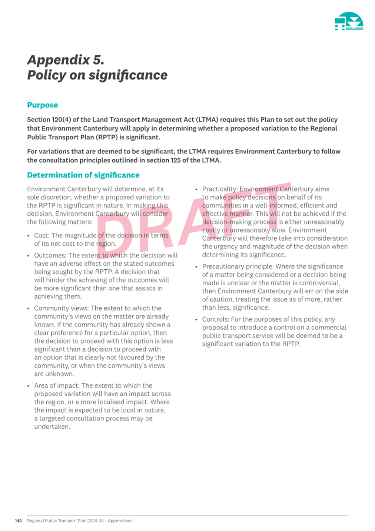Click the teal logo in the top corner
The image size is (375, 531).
(x=349, y=21)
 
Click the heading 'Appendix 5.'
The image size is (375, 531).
(x=66, y=60)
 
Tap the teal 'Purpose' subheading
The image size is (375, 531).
(x=42, y=105)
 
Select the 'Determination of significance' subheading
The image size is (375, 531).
(x=83, y=175)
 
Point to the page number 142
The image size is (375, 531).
(x=18, y=521)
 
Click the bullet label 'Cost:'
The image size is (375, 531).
(x=42, y=236)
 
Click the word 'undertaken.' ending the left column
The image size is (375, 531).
(x=52, y=427)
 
